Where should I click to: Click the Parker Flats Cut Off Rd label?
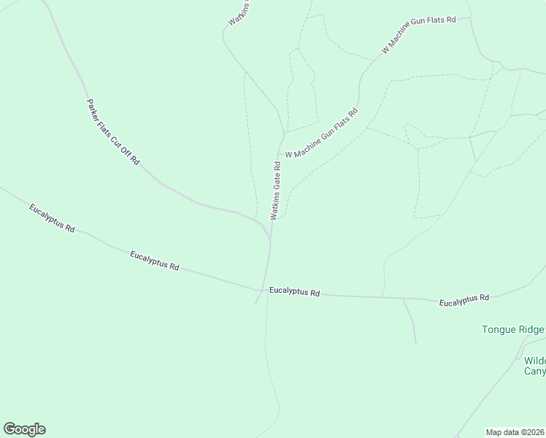point(112,132)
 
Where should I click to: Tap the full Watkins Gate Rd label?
point(276,190)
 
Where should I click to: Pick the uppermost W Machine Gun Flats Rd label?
point(418,35)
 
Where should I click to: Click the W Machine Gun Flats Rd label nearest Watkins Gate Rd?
point(322,134)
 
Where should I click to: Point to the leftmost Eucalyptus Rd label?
point(52,218)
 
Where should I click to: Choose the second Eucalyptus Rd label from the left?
point(154,261)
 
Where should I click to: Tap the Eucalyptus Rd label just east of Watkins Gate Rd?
point(294,292)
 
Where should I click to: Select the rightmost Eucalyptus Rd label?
point(464,299)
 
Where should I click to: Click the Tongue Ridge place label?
point(513,329)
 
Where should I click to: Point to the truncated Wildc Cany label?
point(534,366)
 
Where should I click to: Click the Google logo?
point(24,429)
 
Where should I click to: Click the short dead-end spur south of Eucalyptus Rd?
point(410,321)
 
